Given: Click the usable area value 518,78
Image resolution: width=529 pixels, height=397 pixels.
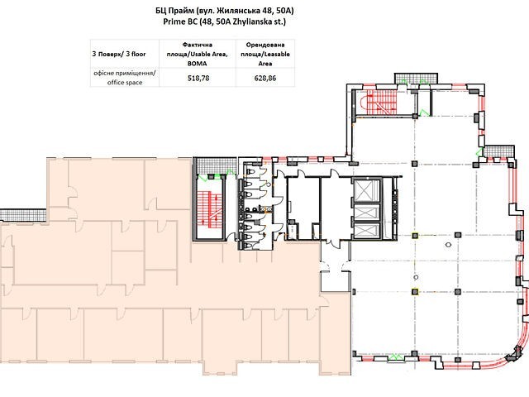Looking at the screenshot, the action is (198, 78).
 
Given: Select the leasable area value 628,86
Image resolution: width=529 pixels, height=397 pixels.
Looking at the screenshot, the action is (265, 78).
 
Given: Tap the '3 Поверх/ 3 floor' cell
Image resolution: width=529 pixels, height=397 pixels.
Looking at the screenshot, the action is (119, 54).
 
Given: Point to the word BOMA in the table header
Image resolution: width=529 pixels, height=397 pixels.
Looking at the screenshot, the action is (198, 64).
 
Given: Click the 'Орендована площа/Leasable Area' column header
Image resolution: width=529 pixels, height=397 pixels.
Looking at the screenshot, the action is (265, 54).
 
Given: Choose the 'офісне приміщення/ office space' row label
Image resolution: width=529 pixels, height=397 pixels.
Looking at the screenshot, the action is (125, 78).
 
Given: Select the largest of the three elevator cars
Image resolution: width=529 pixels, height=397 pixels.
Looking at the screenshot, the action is (366, 191).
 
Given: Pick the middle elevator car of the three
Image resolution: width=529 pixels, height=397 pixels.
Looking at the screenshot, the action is (366, 213).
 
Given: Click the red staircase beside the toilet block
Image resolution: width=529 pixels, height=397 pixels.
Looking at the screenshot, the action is (209, 208).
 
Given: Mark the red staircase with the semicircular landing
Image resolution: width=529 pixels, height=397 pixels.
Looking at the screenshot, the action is (379, 103).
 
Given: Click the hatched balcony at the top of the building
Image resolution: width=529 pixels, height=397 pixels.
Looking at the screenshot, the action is (417, 79).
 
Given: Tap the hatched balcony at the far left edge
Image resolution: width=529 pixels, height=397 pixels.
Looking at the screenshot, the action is (23, 215).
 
